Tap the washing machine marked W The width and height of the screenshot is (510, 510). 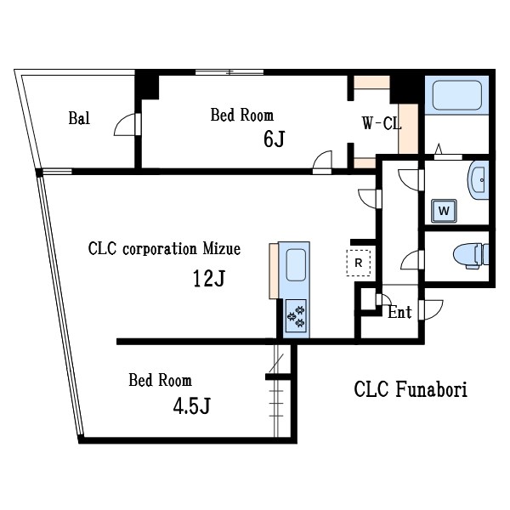(444, 208)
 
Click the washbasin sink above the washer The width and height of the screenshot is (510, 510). (477, 179)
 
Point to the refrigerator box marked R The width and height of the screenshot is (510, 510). (359, 263)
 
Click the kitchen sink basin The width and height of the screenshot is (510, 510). (295, 265)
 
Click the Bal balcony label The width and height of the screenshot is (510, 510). (79, 117)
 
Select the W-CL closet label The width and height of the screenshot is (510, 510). (381, 124)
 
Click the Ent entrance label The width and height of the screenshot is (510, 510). (399, 313)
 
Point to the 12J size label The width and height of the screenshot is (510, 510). (209, 279)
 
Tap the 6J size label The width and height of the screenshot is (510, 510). (273, 139)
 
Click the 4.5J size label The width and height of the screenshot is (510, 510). (191, 405)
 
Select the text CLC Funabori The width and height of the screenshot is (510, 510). (411, 389)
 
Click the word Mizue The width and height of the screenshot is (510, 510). (221, 249)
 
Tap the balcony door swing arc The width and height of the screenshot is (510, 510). (126, 123)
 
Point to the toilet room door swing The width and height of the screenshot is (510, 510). (411, 258)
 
